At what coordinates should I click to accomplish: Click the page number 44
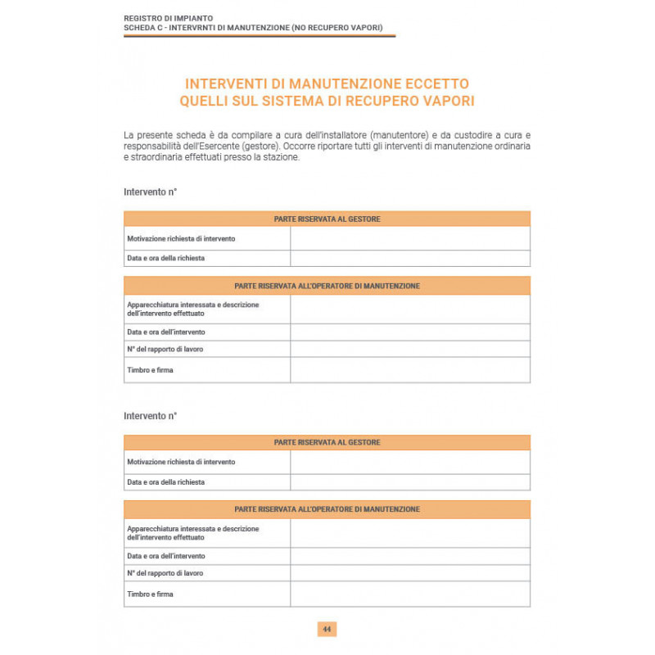coord(327,630)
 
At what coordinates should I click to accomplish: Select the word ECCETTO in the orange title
coord(437,84)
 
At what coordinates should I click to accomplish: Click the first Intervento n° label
coord(151,192)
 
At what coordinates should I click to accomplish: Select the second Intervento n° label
coord(151,416)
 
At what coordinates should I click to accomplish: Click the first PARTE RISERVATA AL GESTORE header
coord(327,219)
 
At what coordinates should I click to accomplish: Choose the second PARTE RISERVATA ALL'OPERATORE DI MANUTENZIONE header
coord(327,509)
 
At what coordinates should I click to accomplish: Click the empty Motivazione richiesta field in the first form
coord(409,238)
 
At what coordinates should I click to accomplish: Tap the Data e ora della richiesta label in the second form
coord(166,482)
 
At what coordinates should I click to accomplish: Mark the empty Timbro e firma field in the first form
coord(409,370)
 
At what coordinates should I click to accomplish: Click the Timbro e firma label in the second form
coord(151,594)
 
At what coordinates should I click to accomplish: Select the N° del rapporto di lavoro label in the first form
coord(165,349)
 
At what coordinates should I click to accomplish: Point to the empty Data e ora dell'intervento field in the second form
coord(409,556)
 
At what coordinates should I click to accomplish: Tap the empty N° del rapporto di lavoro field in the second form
coord(409,573)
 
